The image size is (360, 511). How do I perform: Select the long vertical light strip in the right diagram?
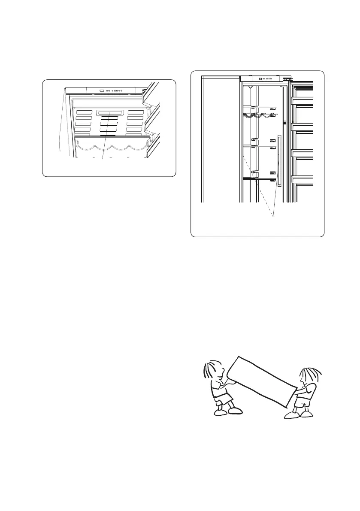click(x=279, y=161)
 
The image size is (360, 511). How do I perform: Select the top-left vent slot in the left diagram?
click(x=84, y=112)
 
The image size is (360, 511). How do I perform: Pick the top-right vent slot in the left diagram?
click(x=136, y=112)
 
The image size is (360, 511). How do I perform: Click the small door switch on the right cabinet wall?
click(x=284, y=123)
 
